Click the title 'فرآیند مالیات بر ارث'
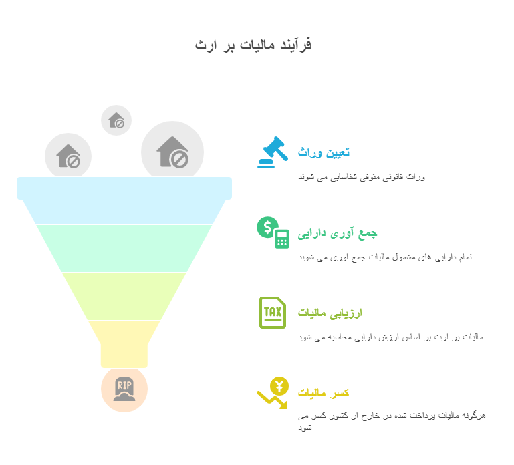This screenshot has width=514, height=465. point(253,45)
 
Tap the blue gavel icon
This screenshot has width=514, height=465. point(272,152)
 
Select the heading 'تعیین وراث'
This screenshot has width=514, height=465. point(324,152)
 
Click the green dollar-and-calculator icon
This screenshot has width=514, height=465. point(273,232)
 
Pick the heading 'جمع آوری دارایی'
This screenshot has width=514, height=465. point(338,232)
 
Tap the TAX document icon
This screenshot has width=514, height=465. point(272,313)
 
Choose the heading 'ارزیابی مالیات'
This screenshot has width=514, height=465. point(330,313)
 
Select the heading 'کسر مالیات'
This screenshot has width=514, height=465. point(324,393)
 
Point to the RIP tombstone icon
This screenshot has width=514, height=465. point(124,389)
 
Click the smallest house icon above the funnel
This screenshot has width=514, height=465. point(116,120)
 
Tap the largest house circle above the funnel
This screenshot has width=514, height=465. point(172,152)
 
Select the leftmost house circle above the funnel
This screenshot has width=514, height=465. point(68,156)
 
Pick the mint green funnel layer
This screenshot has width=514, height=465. point(124,248)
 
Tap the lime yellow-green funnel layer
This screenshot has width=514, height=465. point(124,296)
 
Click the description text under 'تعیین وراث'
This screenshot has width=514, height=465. point(361,177)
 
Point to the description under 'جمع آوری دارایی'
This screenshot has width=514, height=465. point(384,257)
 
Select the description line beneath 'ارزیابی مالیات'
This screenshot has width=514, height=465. point(390,337)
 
